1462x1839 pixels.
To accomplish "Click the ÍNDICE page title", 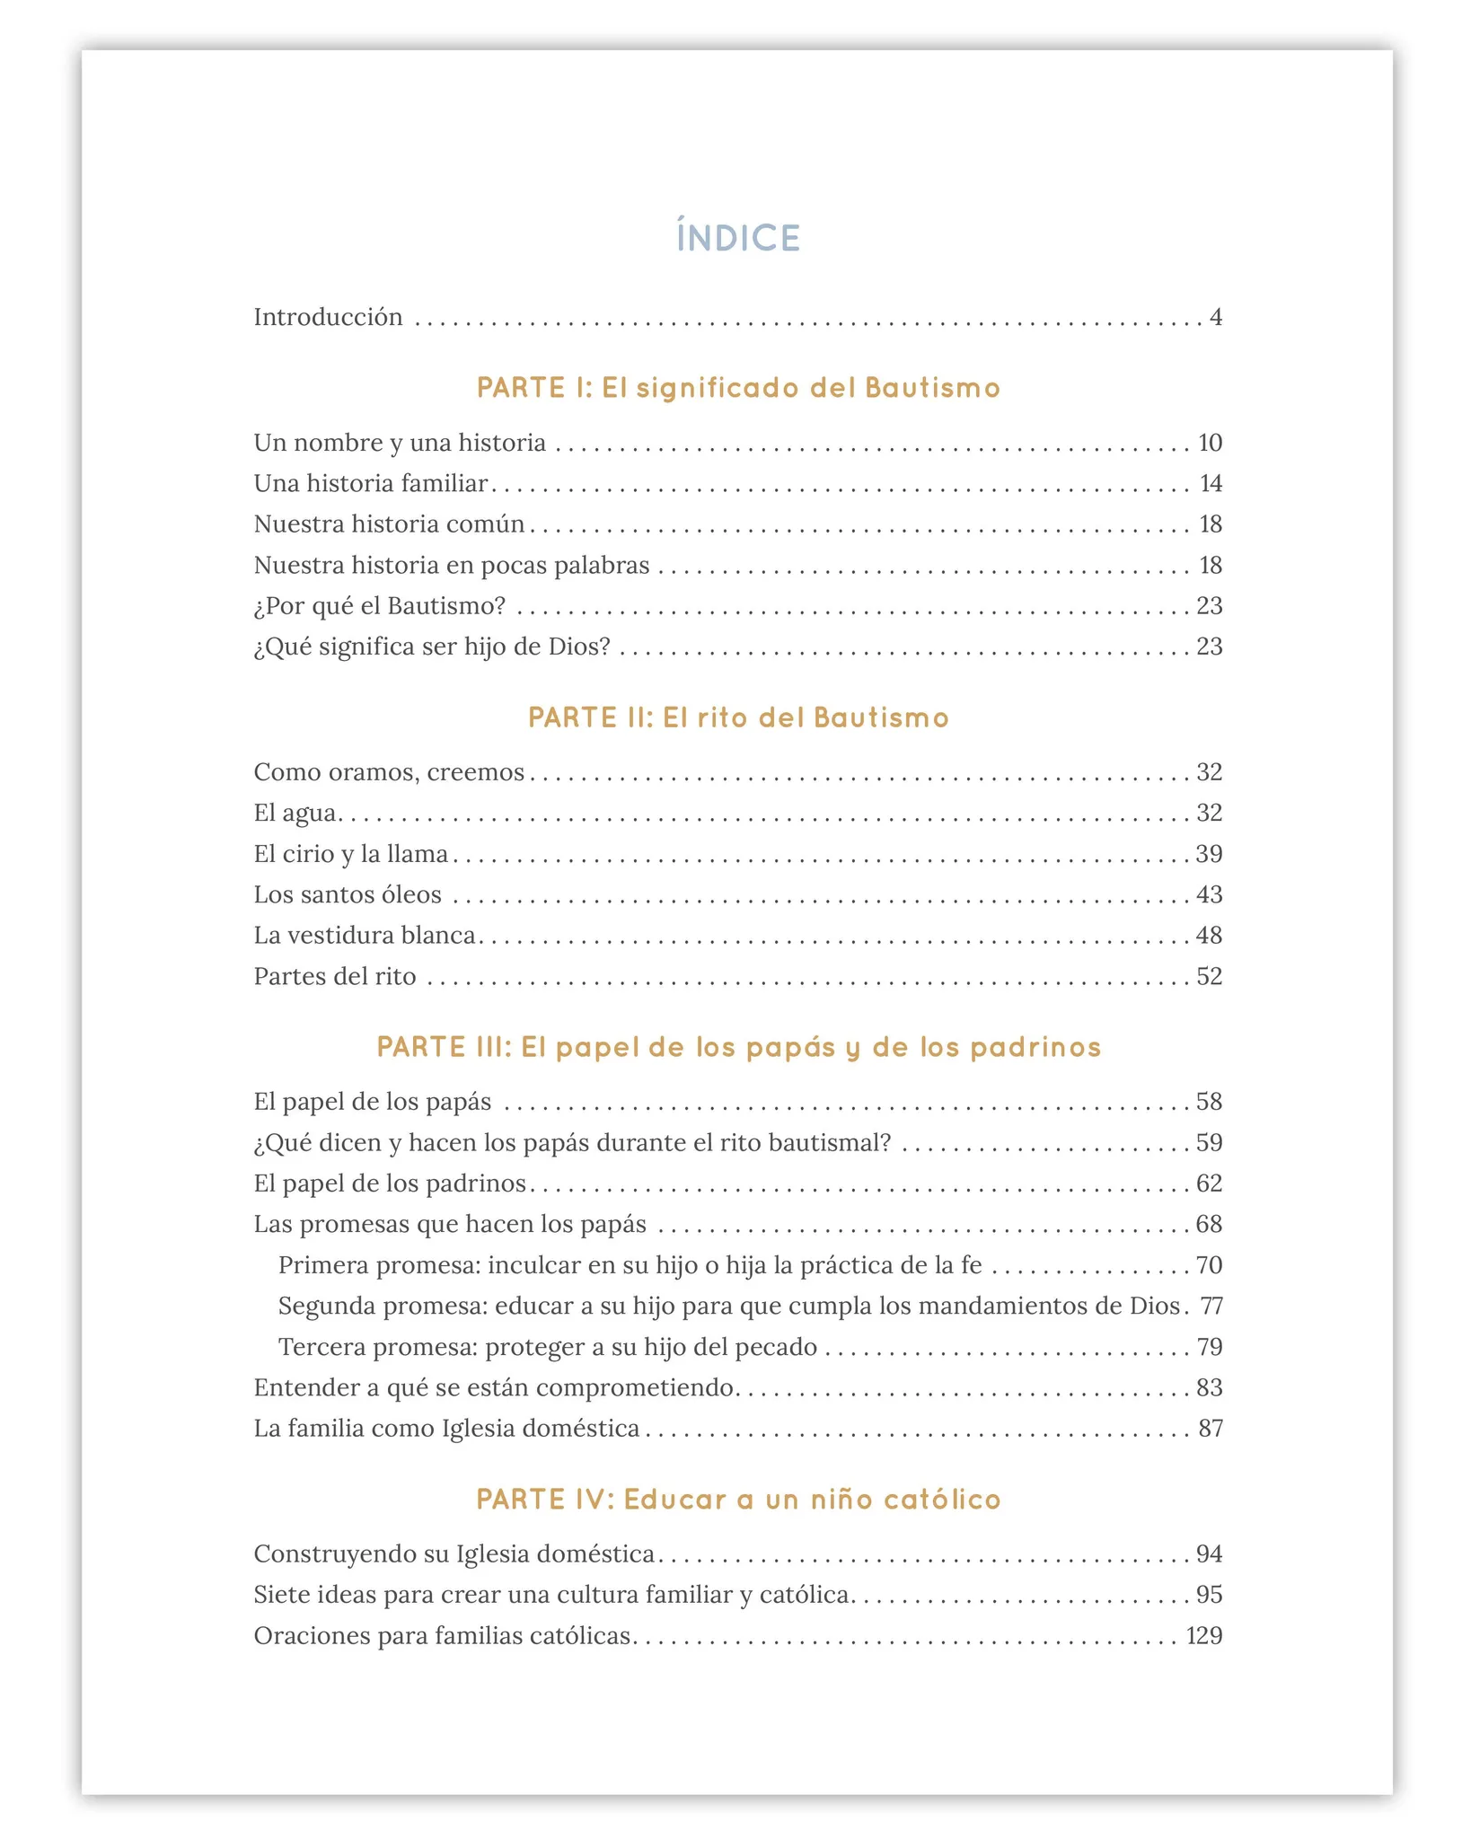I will pyautogui.click(x=737, y=238).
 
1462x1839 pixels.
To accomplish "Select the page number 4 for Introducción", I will pyautogui.click(x=1215, y=317).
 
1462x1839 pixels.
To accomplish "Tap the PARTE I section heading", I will pyautogui.click(x=737, y=388).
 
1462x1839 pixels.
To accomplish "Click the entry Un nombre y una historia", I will pyautogui.click(x=400, y=443).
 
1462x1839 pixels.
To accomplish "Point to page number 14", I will pyautogui.click(x=1211, y=484).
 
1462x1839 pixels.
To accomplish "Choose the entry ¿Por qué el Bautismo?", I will pyautogui.click(x=380, y=606).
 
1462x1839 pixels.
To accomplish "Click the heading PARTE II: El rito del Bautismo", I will pyautogui.click(x=737, y=717).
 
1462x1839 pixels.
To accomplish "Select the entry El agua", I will pyautogui.click(x=295, y=814).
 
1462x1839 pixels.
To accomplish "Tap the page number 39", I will pyautogui.click(x=1209, y=854).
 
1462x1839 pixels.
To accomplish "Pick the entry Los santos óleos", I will pyautogui.click(x=348, y=895).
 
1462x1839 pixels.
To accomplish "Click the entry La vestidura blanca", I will pyautogui.click(x=365, y=936).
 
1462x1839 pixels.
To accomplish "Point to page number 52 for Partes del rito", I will pyautogui.click(x=1209, y=976).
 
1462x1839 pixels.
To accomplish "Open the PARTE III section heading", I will pyautogui.click(x=737, y=1047).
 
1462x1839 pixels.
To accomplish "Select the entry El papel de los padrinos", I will pyautogui.click(x=390, y=1183).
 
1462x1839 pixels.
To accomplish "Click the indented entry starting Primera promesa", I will pyautogui.click(x=630, y=1265).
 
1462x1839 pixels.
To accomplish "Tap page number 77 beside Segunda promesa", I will pyautogui.click(x=1211, y=1306).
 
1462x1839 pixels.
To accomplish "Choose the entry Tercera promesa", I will pyautogui.click(x=548, y=1347).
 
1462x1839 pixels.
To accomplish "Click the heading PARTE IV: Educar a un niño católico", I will pyautogui.click(x=737, y=1500).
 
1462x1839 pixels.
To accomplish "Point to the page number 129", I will pyautogui.click(x=1203, y=1636).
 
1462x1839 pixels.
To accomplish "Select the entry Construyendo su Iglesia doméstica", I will pyautogui.click(x=454, y=1554).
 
